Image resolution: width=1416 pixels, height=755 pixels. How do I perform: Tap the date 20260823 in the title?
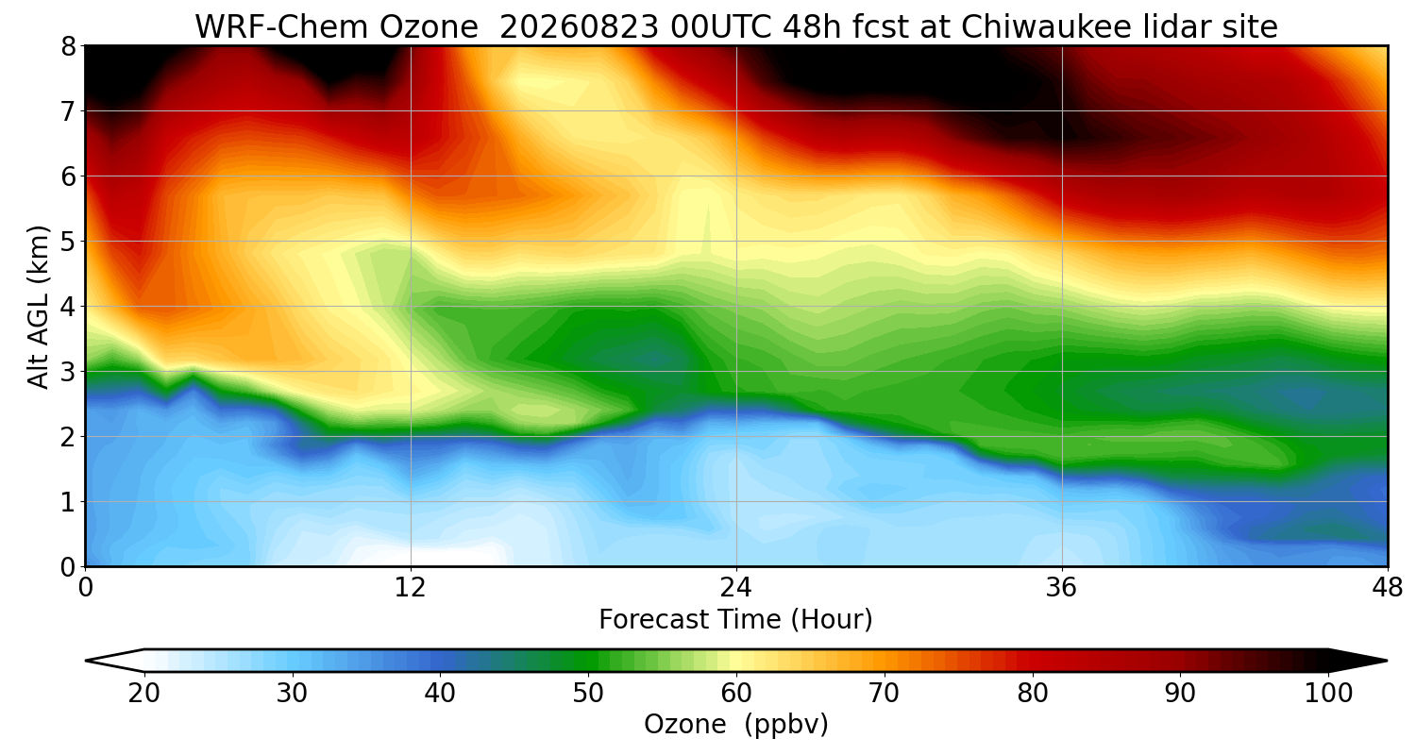coord(580,27)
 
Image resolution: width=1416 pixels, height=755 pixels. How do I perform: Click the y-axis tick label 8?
coord(68,46)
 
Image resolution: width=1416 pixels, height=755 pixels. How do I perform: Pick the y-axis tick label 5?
coord(68,242)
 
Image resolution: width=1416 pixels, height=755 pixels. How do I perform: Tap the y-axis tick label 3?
coord(68,372)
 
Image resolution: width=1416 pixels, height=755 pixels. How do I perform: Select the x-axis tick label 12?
coord(411,588)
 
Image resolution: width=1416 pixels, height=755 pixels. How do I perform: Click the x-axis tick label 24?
coord(736,588)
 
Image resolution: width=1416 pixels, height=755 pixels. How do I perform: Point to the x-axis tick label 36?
coord(1061,588)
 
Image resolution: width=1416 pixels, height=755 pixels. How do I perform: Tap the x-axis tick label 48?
coord(1388,588)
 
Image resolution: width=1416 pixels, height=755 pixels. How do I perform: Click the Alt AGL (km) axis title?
coord(38,307)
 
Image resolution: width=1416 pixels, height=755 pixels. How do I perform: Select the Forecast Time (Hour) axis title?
coord(735,620)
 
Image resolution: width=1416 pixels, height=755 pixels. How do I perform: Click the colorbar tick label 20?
coord(144,694)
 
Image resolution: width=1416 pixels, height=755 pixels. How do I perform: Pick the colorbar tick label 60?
coord(736,694)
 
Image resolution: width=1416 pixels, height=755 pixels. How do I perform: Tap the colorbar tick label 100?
coord(1329,694)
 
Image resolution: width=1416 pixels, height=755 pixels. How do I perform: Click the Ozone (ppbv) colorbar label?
coord(735,725)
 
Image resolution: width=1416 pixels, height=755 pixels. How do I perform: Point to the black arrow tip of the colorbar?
coord(1387,661)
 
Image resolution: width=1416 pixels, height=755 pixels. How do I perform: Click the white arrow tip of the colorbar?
coord(86,661)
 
